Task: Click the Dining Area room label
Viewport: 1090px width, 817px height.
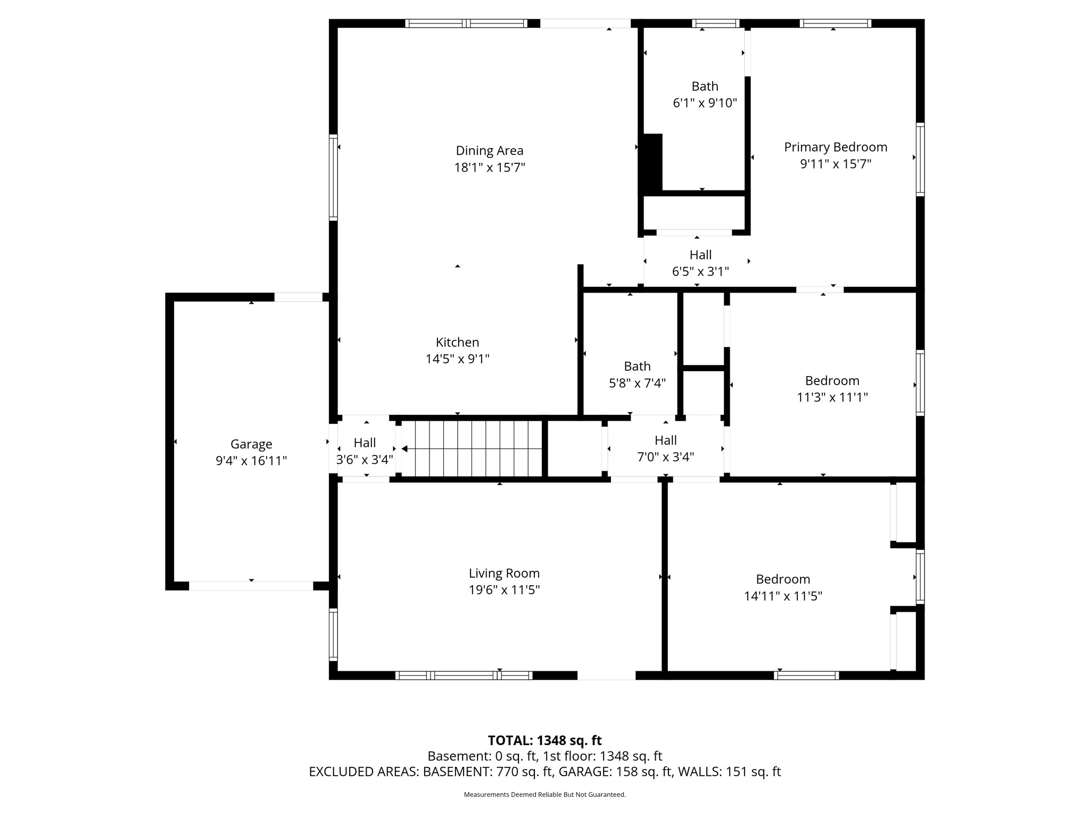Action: pos(489,151)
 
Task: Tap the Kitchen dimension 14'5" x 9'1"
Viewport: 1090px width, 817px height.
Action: pos(457,359)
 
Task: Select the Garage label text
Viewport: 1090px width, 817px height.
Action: pos(251,444)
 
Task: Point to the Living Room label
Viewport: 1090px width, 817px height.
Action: pos(504,573)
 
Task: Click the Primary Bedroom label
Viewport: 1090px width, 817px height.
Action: pos(836,147)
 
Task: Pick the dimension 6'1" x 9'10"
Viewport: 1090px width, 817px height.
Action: pos(705,103)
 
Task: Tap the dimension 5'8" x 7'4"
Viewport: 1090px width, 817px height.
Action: pos(637,383)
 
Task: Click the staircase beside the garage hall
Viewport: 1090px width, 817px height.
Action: pos(472,449)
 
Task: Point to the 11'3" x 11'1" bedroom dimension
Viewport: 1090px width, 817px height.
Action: pos(832,397)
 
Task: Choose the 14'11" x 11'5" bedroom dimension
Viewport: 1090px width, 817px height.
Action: pos(783,596)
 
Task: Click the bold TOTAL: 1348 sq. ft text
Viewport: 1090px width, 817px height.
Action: pos(544,740)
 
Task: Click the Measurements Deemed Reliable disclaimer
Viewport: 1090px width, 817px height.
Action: pos(544,795)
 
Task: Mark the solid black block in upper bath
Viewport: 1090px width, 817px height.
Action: pos(653,163)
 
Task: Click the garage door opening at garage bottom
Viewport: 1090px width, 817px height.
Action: pos(251,586)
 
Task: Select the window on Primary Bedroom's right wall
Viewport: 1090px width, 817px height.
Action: pos(920,159)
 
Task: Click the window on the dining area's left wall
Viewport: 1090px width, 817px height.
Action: pos(333,177)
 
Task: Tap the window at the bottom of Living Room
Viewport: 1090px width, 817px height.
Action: pos(464,676)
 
